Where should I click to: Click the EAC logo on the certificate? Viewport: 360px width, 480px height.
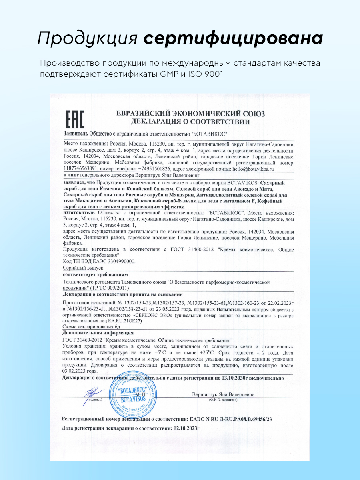pos(74,119)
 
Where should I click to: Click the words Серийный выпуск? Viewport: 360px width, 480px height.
pos(84,268)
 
